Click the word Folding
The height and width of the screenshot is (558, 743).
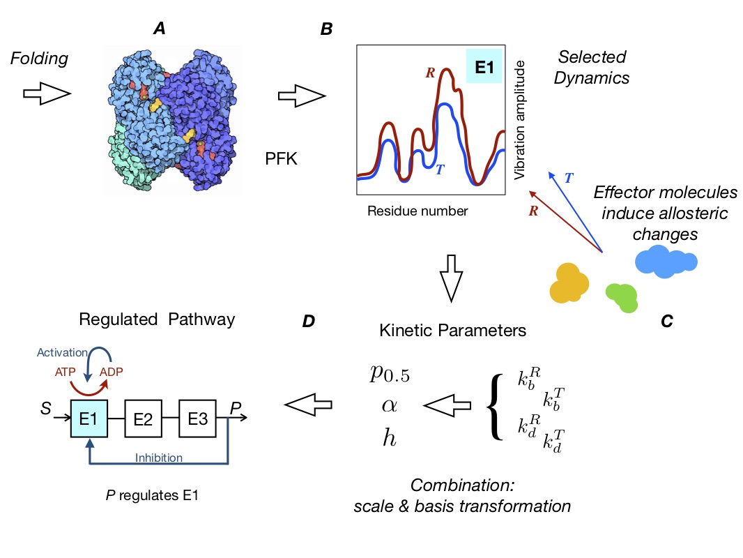click(39, 59)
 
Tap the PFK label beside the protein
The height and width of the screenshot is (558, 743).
click(282, 160)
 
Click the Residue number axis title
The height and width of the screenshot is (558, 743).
click(418, 210)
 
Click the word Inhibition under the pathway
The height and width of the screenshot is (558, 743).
click(159, 458)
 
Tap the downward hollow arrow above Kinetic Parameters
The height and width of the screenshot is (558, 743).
click(452, 278)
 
